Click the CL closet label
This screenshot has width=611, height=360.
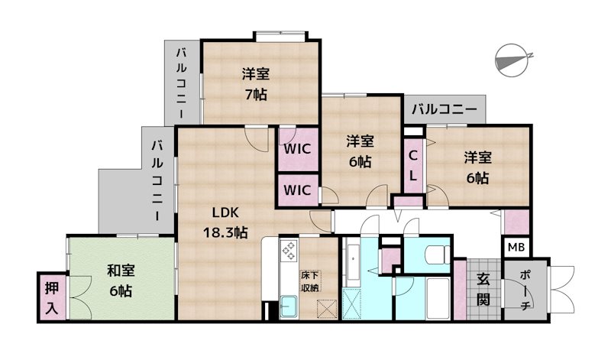pyautogui.click(x=412, y=165)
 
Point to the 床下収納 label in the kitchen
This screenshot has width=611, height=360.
pyautogui.click(x=309, y=280)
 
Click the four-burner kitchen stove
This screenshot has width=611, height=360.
pyautogui.click(x=289, y=250)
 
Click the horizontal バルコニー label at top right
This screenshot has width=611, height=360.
pyautogui.click(x=445, y=109)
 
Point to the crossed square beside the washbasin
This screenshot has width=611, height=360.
pyautogui.click(x=352, y=303)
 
